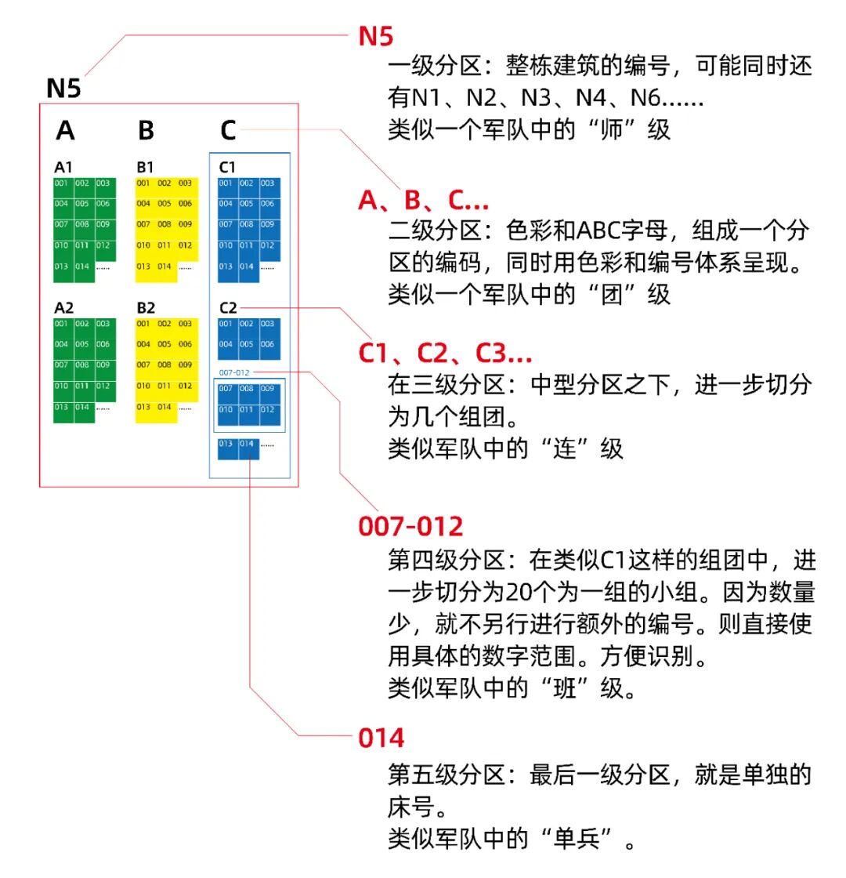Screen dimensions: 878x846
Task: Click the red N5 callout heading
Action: point(376,35)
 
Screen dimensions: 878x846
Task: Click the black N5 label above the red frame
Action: point(63,88)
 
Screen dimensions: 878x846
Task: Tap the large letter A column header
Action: point(65,130)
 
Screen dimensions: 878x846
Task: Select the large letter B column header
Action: point(146,130)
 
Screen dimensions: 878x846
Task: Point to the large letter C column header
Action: point(227,130)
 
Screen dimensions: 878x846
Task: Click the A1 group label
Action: point(63,167)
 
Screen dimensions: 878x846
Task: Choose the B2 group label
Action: point(146,308)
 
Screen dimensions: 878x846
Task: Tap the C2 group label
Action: point(228,308)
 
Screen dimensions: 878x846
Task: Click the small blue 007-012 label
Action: point(234,372)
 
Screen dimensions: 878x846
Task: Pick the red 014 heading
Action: point(381,738)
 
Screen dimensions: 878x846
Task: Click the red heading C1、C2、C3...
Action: point(445,354)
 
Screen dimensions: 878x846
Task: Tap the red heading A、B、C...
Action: point(423,201)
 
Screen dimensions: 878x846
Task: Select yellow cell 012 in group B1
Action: point(185,246)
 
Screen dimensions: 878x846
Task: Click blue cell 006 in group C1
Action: point(269,205)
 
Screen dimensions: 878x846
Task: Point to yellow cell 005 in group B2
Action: point(164,345)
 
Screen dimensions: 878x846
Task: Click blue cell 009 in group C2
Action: point(269,390)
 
